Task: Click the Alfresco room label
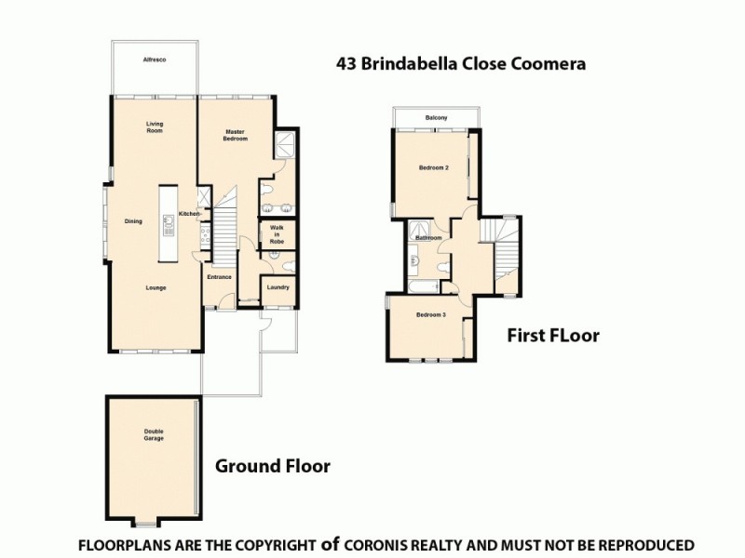tap(154, 60)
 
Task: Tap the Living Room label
tap(155, 126)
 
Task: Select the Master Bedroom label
tap(235, 135)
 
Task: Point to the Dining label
tap(133, 221)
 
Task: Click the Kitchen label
tap(189, 215)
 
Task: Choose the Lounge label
tap(156, 287)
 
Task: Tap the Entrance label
tap(219, 277)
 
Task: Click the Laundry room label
tap(278, 287)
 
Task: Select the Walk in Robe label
tap(277, 233)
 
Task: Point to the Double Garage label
tap(154, 434)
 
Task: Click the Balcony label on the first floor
tap(436, 118)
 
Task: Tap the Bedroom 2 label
tap(434, 168)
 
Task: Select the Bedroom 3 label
tap(431, 315)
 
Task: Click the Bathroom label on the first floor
tap(428, 238)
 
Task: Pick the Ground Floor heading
tap(273, 466)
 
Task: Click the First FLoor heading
tap(552, 336)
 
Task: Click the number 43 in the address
tap(346, 65)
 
